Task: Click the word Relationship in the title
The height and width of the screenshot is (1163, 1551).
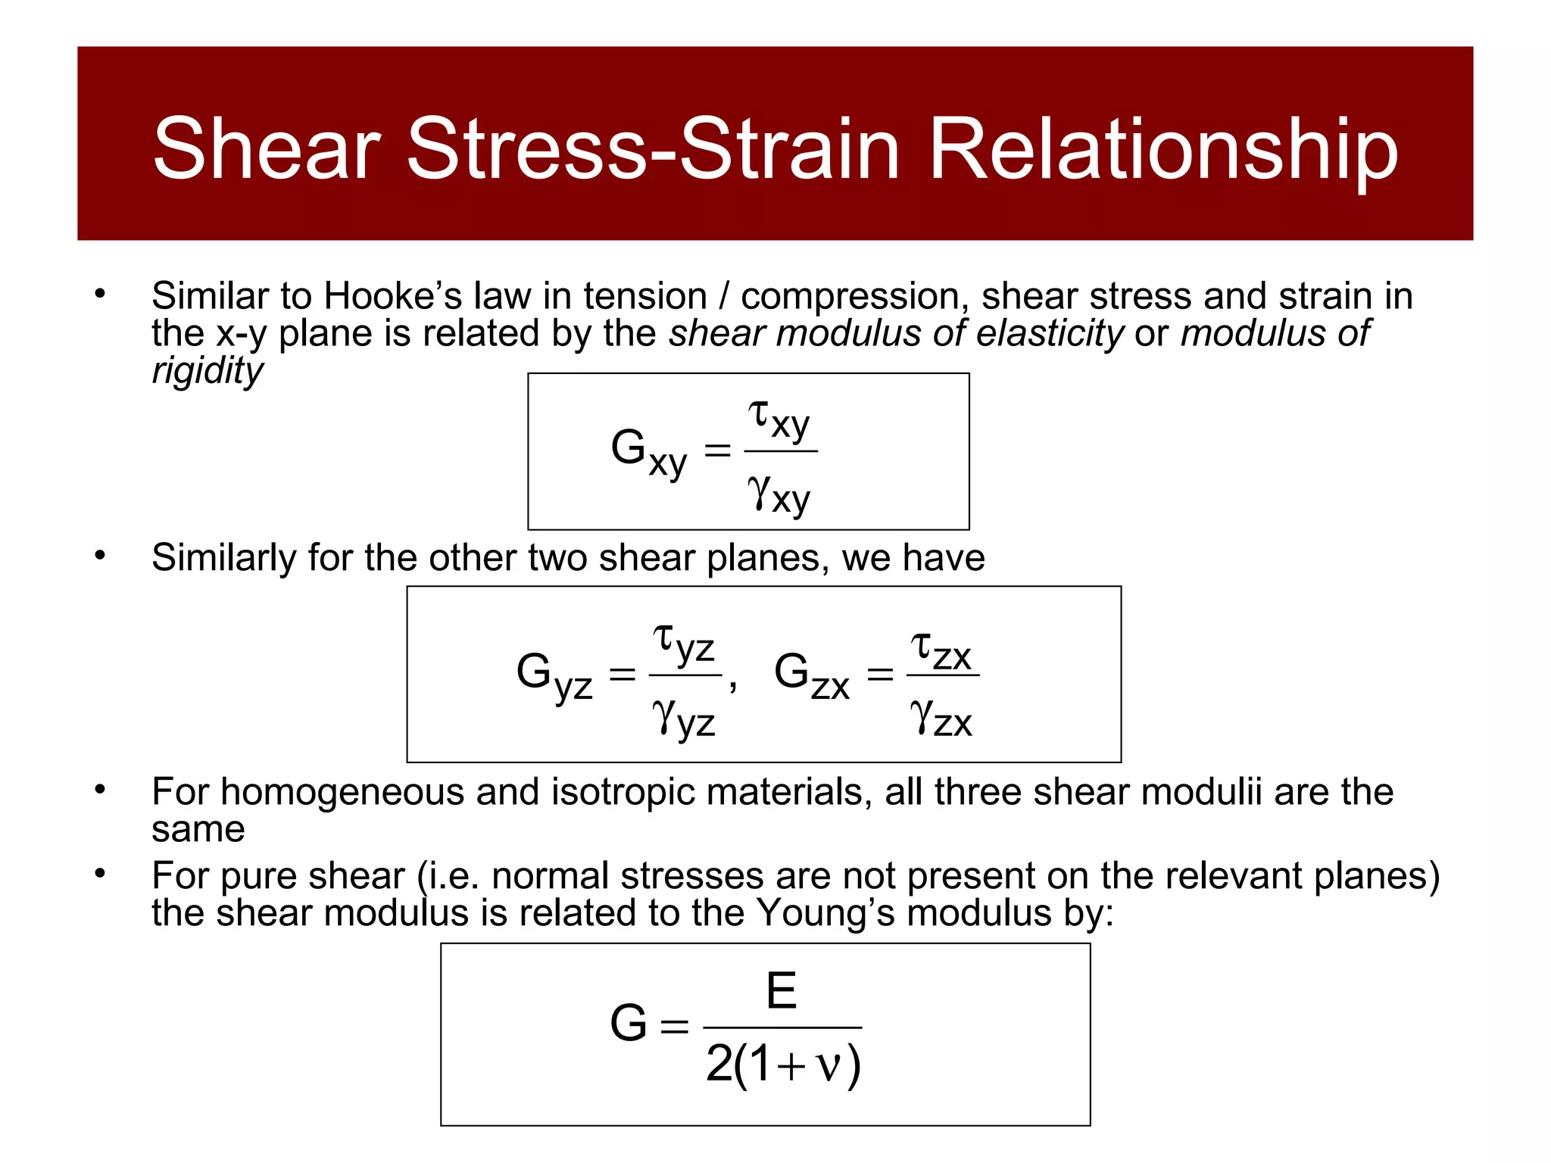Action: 1162,150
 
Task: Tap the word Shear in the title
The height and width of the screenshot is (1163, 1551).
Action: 267,150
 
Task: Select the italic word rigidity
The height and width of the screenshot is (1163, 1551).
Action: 207,371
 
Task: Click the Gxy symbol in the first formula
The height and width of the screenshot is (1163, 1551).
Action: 648,452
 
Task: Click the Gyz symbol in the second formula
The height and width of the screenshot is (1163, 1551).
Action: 554,675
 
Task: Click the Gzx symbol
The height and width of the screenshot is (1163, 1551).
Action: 811,674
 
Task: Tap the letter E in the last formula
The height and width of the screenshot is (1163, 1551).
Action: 782,990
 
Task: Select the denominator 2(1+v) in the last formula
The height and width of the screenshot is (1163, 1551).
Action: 783,1064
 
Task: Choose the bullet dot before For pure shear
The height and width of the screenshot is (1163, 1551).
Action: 100,874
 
